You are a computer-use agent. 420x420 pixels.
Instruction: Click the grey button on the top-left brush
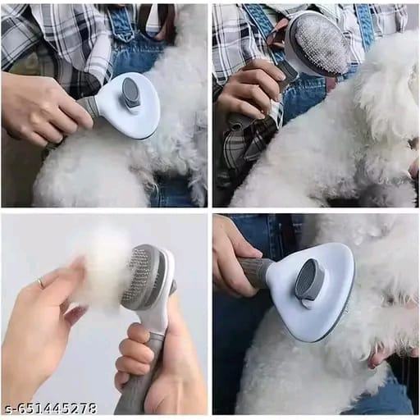click(131, 93)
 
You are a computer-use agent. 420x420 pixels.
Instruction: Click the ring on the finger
click(40, 283)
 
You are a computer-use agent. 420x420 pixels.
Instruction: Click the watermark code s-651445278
click(51, 408)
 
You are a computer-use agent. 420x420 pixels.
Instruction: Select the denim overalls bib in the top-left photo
click(135, 49)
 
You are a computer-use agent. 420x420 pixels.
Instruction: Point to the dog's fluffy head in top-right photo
click(386, 90)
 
